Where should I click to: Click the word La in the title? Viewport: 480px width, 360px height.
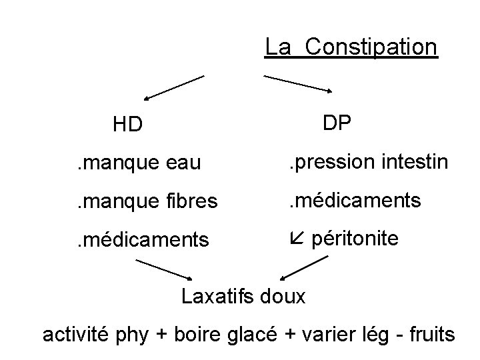[277, 47]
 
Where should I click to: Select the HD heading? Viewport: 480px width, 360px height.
[127, 124]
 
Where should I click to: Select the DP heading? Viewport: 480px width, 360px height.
[338, 123]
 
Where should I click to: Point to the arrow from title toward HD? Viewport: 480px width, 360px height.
[173, 87]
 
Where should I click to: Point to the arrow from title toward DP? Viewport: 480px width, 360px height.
[299, 83]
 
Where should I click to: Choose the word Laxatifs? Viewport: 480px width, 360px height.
[218, 295]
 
